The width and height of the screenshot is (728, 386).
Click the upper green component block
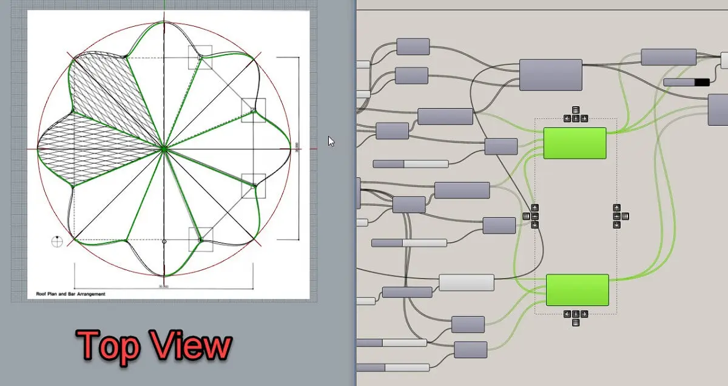pos(575,143)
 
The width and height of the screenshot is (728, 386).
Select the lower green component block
pos(577,289)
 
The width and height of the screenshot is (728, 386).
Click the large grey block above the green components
pos(550,75)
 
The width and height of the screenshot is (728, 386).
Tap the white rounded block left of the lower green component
pos(466,282)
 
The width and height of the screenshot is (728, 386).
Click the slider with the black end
pos(686,82)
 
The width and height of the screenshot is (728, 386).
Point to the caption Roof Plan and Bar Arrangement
pos(70,294)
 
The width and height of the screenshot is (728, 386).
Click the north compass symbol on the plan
pos(57,241)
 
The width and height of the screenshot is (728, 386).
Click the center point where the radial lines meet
pos(164,147)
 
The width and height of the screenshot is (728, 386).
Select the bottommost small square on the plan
pos(201,239)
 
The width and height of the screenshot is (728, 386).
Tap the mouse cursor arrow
pos(331,141)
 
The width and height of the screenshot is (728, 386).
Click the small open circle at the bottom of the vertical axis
pos(164,242)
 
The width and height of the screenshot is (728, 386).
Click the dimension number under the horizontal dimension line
pos(162,286)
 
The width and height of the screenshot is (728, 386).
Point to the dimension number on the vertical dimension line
pos(297,146)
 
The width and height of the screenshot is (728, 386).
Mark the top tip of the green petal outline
pos(163,22)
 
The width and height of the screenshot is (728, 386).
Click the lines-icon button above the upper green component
pos(575,110)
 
